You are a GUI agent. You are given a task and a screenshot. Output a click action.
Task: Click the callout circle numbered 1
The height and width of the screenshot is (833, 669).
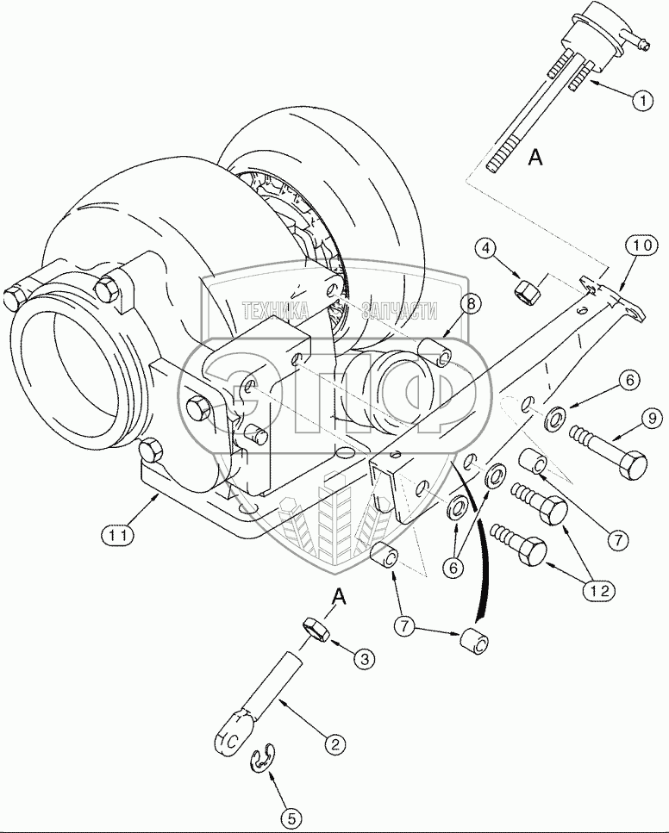click(641, 101)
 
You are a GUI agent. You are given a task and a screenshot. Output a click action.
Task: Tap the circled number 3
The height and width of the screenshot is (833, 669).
click(365, 659)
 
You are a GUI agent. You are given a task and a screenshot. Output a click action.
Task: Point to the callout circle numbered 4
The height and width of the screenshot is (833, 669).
click(487, 250)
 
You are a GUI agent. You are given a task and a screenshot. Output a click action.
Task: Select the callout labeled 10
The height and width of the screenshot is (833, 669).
click(641, 247)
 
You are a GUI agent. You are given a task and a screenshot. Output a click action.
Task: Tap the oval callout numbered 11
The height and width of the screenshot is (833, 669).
click(120, 535)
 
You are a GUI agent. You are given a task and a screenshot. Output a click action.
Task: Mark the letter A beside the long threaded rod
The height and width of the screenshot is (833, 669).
click(535, 156)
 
